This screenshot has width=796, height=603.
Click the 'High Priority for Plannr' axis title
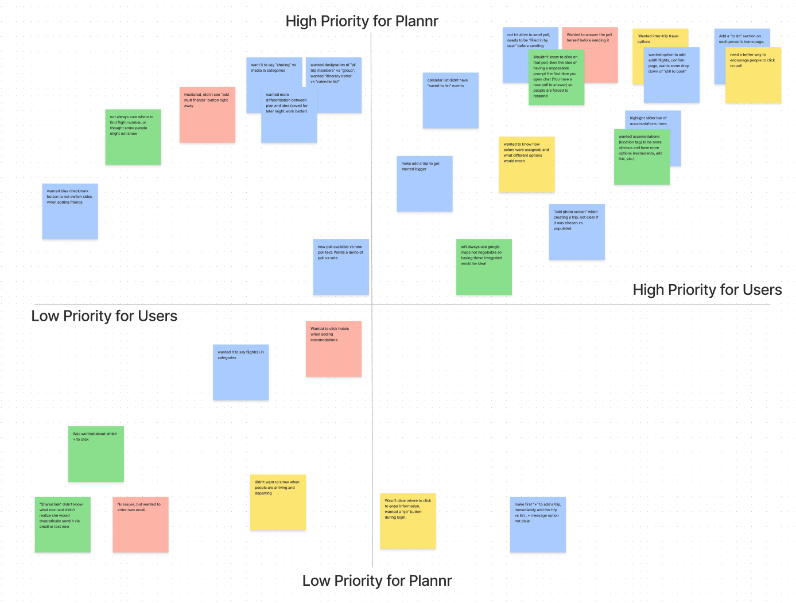click(362, 21)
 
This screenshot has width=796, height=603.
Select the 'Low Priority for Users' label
click(104, 316)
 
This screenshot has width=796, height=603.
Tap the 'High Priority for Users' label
click(707, 290)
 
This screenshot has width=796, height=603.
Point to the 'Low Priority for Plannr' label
click(377, 581)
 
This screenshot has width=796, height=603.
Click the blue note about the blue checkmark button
click(70, 211)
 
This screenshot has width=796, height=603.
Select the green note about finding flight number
click(133, 137)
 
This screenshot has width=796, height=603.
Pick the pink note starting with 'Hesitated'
click(207, 115)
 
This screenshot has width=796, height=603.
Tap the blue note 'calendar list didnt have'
click(451, 100)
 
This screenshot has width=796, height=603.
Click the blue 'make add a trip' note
click(425, 184)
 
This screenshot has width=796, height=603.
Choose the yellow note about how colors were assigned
click(526, 165)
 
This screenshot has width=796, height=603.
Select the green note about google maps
click(484, 267)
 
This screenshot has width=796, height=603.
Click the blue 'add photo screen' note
click(577, 232)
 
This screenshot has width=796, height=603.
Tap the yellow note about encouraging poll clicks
click(753, 75)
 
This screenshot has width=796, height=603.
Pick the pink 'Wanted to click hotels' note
click(333, 349)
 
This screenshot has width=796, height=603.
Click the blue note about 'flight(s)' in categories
click(240, 372)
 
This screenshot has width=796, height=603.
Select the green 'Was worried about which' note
click(96, 454)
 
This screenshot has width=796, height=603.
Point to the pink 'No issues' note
click(141, 524)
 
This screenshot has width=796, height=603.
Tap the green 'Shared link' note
click(63, 524)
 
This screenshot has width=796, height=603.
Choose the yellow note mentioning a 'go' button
click(407, 521)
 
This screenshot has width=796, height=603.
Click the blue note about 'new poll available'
click(341, 267)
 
